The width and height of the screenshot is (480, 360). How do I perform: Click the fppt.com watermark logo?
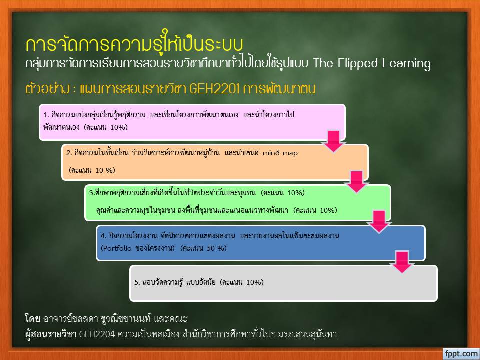click(x=461, y=354)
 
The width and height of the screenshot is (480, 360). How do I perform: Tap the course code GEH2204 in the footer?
click(x=97, y=334)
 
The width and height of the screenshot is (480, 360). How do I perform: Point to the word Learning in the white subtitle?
click(x=406, y=64)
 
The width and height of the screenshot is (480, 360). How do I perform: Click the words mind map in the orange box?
click(x=280, y=153)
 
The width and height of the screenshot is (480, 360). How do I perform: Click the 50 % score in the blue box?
click(x=216, y=248)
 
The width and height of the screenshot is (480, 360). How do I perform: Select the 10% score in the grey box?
click(x=254, y=282)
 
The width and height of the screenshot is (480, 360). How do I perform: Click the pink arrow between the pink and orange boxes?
click(x=334, y=141)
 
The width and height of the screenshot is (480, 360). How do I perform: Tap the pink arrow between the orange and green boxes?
click(x=356, y=182)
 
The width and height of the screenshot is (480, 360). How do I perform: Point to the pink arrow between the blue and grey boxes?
click(x=402, y=262)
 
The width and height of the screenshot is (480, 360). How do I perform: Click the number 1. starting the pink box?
click(x=46, y=115)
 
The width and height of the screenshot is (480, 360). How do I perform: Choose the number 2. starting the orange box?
click(x=69, y=153)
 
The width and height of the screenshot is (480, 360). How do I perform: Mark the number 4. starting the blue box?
click(x=104, y=236)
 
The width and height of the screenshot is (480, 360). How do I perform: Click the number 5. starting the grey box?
click(x=137, y=282)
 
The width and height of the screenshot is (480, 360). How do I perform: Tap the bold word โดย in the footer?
click(x=33, y=318)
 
